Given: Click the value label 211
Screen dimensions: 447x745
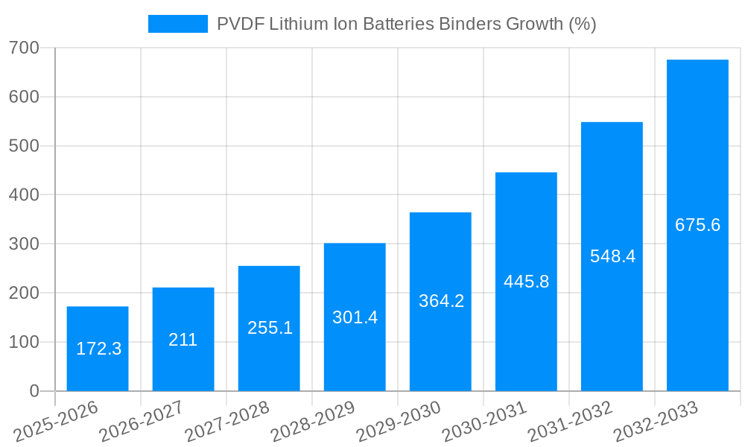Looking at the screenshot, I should tap(183, 340).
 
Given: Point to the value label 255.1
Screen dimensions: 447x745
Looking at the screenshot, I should tap(270, 328).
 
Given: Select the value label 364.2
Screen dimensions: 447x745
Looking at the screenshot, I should tap(441, 301).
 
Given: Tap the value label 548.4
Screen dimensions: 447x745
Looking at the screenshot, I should tap(612, 256).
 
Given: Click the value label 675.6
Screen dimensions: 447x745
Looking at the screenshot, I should tap(697, 225).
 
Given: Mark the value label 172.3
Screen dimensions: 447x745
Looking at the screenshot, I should tap(98, 348).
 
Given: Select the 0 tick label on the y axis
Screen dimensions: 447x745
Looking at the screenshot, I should tap(34, 391).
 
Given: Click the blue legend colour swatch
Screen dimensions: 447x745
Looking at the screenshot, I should tap(178, 24).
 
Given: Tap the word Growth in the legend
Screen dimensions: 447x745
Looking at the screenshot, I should tap(534, 24).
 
